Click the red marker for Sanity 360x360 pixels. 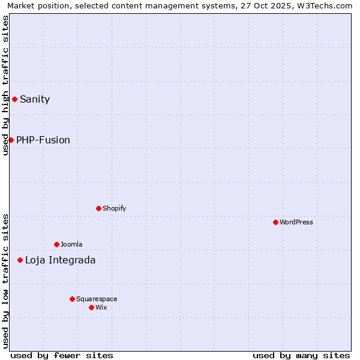14,99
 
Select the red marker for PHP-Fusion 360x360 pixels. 11,140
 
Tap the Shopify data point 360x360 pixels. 98,208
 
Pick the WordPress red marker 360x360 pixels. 275,222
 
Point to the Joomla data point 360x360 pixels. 56,244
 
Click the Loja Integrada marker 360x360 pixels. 20,260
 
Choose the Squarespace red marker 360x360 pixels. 72,299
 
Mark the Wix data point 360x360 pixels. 91,307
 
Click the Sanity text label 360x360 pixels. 35,100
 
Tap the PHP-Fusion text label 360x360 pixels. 43,140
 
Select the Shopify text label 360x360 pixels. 114,208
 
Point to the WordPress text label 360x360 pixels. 296,222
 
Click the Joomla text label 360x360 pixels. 71,244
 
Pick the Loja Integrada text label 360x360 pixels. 60,260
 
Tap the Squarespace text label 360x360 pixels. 97,299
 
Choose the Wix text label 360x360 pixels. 101,307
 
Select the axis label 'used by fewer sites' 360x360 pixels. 62,355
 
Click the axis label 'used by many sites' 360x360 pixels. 301,355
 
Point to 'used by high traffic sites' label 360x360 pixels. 6,85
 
